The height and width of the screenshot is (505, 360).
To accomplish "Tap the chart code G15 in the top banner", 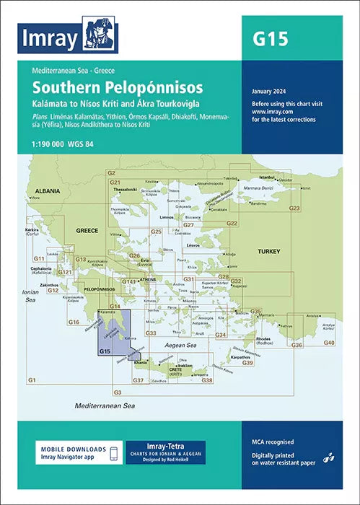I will (x=269, y=39).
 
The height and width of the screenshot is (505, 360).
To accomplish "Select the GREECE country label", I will (x=87, y=231).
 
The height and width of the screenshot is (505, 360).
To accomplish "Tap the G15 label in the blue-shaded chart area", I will (x=105, y=351).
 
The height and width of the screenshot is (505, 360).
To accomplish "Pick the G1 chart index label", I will (x=32, y=379).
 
